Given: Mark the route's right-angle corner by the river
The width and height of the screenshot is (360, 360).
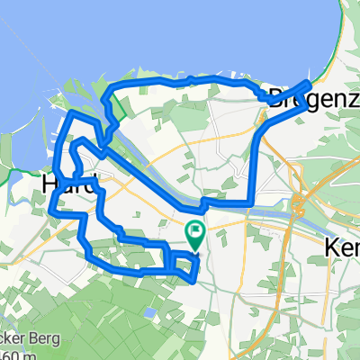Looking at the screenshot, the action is click(x=249, y=202).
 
